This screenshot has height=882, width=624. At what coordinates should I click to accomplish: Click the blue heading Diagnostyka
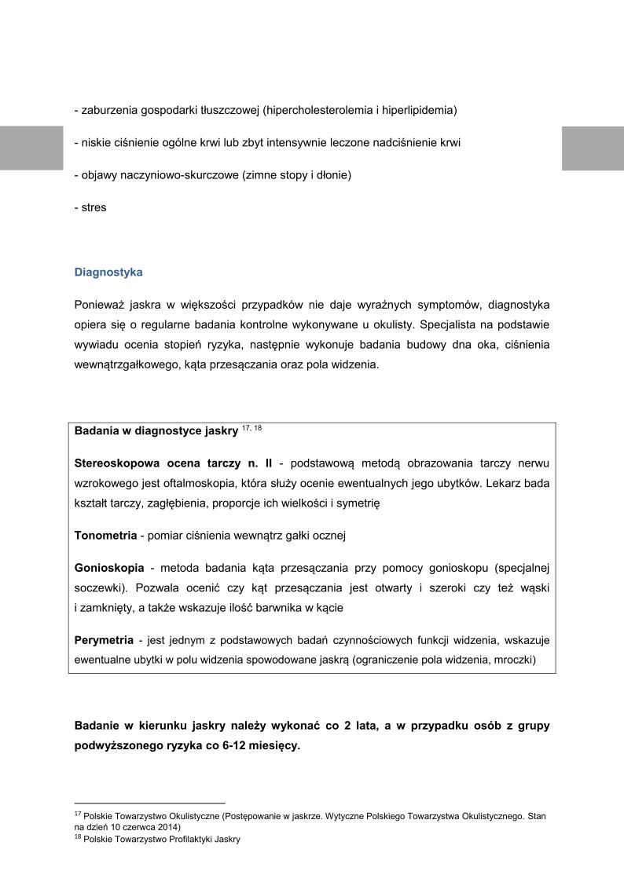[x=108, y=273]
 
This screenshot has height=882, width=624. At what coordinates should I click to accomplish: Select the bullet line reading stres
[x=90, y=208]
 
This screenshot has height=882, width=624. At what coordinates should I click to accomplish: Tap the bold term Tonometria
[x=105, y=536]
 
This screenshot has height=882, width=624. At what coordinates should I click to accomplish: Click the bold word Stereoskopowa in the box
[x=116, y=463]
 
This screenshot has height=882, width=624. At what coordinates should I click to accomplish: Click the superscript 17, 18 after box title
[x=251, y=428]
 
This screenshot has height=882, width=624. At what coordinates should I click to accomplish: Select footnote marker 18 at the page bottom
[x=78, y=837]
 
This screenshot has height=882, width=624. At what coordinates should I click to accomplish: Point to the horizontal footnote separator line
[x=149, y=803]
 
